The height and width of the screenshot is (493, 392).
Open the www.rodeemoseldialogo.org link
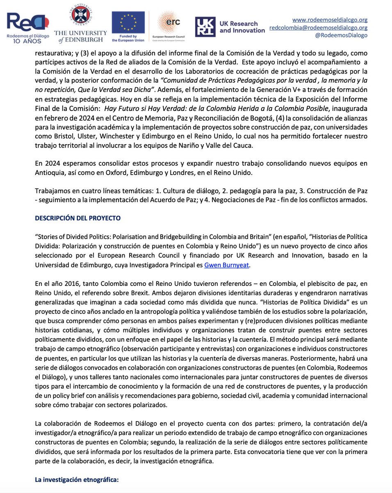330,19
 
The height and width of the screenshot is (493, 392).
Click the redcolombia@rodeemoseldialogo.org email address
318,27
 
